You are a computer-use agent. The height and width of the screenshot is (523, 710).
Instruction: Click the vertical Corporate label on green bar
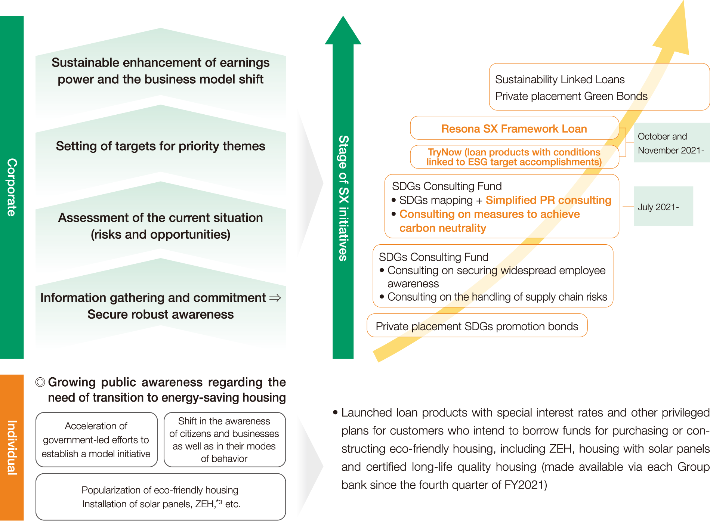pyautogui.click(x=12, y=187)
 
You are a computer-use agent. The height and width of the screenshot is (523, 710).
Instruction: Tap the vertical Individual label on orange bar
pyautogui.click(x=12, y=447)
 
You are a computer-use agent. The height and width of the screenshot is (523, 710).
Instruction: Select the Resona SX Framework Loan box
pyautogui.click(x=515, y=128)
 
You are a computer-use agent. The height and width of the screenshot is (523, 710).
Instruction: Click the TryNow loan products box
pyautogui.click(x=515, y=157)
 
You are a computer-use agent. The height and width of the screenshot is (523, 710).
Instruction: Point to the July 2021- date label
pyautogui.click(x=658, y=207)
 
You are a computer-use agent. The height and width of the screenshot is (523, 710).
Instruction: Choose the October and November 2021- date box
pyautogui.click(x=672, y=143)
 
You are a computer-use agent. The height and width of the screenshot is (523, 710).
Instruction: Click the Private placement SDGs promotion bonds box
pyautogui.click(x=477, y=326)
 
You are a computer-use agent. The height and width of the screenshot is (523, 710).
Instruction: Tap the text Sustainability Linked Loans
pyautogui.click(x=560, y=80)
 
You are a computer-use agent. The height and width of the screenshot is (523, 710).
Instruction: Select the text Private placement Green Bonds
pyautogui.click(x=571, y=96)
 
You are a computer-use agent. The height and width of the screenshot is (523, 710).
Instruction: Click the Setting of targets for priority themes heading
pyautogui.click(x=161, y=146)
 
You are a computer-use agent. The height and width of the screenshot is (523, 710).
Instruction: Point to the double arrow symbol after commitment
pyautogui.click(x=275, y=298)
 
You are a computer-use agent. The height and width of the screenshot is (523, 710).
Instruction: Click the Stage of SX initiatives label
pyautogui.click(x=343, y=198)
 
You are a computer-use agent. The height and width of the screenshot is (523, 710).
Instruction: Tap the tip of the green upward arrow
pyautogui.click(x=343, y=16)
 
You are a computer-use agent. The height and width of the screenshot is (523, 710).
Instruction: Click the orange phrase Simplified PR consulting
pyautogui.click(x=548, y=200)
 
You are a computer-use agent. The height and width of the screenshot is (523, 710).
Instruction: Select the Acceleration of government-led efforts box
pyautogui.click(x=96, y=440)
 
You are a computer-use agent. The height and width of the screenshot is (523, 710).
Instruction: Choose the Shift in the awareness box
pyautogui.click(x=225, y=440)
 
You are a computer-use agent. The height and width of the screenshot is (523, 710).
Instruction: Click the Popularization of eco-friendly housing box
pyautogui.click(x=161, y=497)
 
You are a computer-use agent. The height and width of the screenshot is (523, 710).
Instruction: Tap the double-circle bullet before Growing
pyautogui.click(x=40, y=382)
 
